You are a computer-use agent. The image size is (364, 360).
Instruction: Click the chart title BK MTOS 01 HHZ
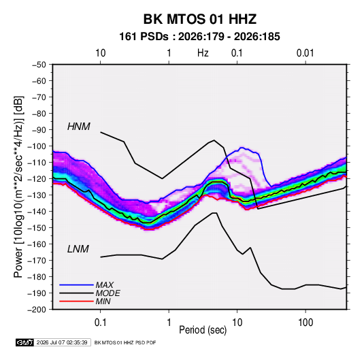(200, 19)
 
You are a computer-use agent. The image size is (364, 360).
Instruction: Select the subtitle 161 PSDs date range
(199, 37)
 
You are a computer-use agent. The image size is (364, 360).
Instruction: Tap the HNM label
(79, 127)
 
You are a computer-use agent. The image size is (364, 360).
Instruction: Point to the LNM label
(78, 249)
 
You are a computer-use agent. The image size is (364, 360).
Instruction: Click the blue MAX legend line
(76, 284)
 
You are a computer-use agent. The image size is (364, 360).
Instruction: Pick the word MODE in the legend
(107, 293)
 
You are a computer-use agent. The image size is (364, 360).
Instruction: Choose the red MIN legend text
(103, 301)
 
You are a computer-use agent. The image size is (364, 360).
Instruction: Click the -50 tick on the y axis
(39, 65)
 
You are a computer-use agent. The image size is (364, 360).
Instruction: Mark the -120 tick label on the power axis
(37, 179)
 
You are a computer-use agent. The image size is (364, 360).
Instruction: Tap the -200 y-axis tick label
(37, 310)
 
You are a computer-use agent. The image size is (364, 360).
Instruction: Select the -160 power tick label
(37, 244)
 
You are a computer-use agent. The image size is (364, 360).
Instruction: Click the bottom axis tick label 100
(305, 323)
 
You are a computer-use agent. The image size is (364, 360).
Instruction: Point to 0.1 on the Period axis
(100, 323)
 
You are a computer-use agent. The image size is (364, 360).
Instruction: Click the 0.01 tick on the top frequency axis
(305, 53)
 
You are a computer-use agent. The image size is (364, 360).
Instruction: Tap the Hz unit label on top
(203, 53)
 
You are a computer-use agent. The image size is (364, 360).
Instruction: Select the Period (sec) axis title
(203, 330)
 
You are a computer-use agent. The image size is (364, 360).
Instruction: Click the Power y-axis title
(18, 187)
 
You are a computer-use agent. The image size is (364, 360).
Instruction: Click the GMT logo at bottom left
(24, 342)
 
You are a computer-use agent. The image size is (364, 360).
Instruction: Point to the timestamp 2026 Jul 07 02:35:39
(62, 342)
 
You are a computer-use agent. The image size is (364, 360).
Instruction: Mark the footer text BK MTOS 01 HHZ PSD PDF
(125, 342)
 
